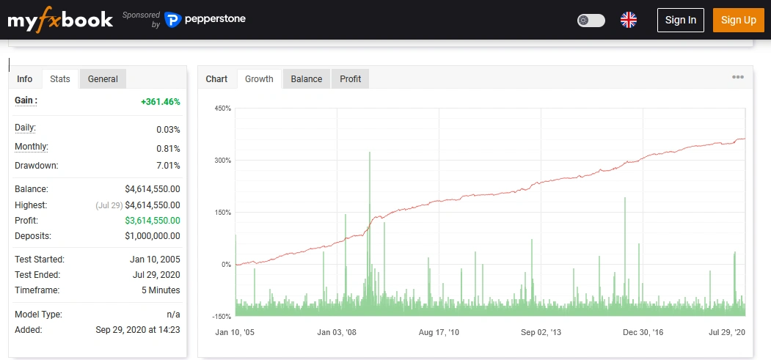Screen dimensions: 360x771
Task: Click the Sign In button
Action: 680,20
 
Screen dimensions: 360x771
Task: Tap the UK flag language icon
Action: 629,20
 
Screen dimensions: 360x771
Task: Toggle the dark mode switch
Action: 591,20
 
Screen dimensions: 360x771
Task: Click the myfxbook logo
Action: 60,20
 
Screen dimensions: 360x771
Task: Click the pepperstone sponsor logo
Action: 205,20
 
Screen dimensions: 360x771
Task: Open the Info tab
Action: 25,79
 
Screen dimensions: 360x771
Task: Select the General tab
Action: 103,79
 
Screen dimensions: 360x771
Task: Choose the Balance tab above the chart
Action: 306,79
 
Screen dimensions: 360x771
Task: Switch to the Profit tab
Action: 350,79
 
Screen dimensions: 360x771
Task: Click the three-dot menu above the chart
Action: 737,78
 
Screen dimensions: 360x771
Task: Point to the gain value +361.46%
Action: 160,101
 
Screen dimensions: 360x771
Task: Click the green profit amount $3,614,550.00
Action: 153,221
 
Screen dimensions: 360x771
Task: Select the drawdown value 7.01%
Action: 168,166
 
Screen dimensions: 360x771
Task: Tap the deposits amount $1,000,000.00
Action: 153,236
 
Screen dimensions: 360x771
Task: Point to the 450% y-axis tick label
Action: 222,109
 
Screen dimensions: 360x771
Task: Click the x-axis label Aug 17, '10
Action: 439,333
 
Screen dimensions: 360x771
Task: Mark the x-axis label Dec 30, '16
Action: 643,333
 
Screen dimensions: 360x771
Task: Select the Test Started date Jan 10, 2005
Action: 155,260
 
